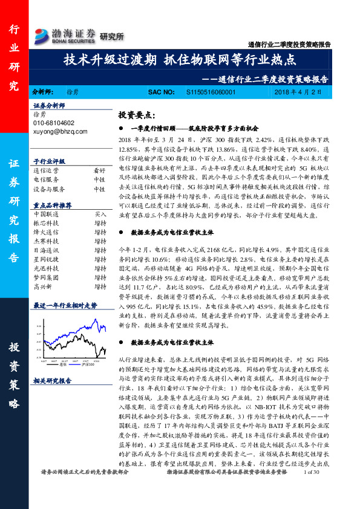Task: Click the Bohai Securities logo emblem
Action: (x=41, y=34)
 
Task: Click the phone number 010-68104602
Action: (x=54, y=123)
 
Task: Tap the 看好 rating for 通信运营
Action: (x=100, y=171)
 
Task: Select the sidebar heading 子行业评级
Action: (x=49, y=162)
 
